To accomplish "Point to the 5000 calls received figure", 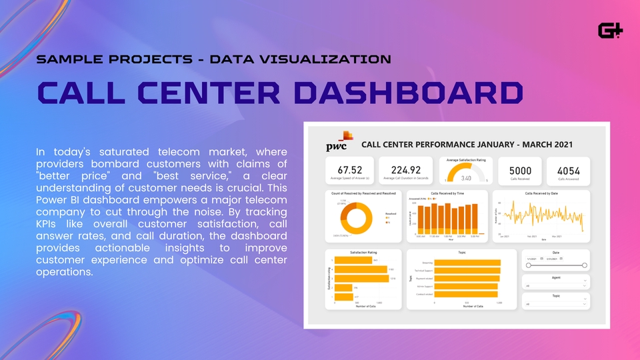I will click(520, 171).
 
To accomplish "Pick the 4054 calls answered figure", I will click(568, 171).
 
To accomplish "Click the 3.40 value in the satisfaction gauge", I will click(467, 178).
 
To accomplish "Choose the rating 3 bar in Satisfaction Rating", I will click(361, 278).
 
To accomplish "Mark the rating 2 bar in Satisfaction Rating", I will click(343, 288).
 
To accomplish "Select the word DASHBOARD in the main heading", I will click(408, 93).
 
